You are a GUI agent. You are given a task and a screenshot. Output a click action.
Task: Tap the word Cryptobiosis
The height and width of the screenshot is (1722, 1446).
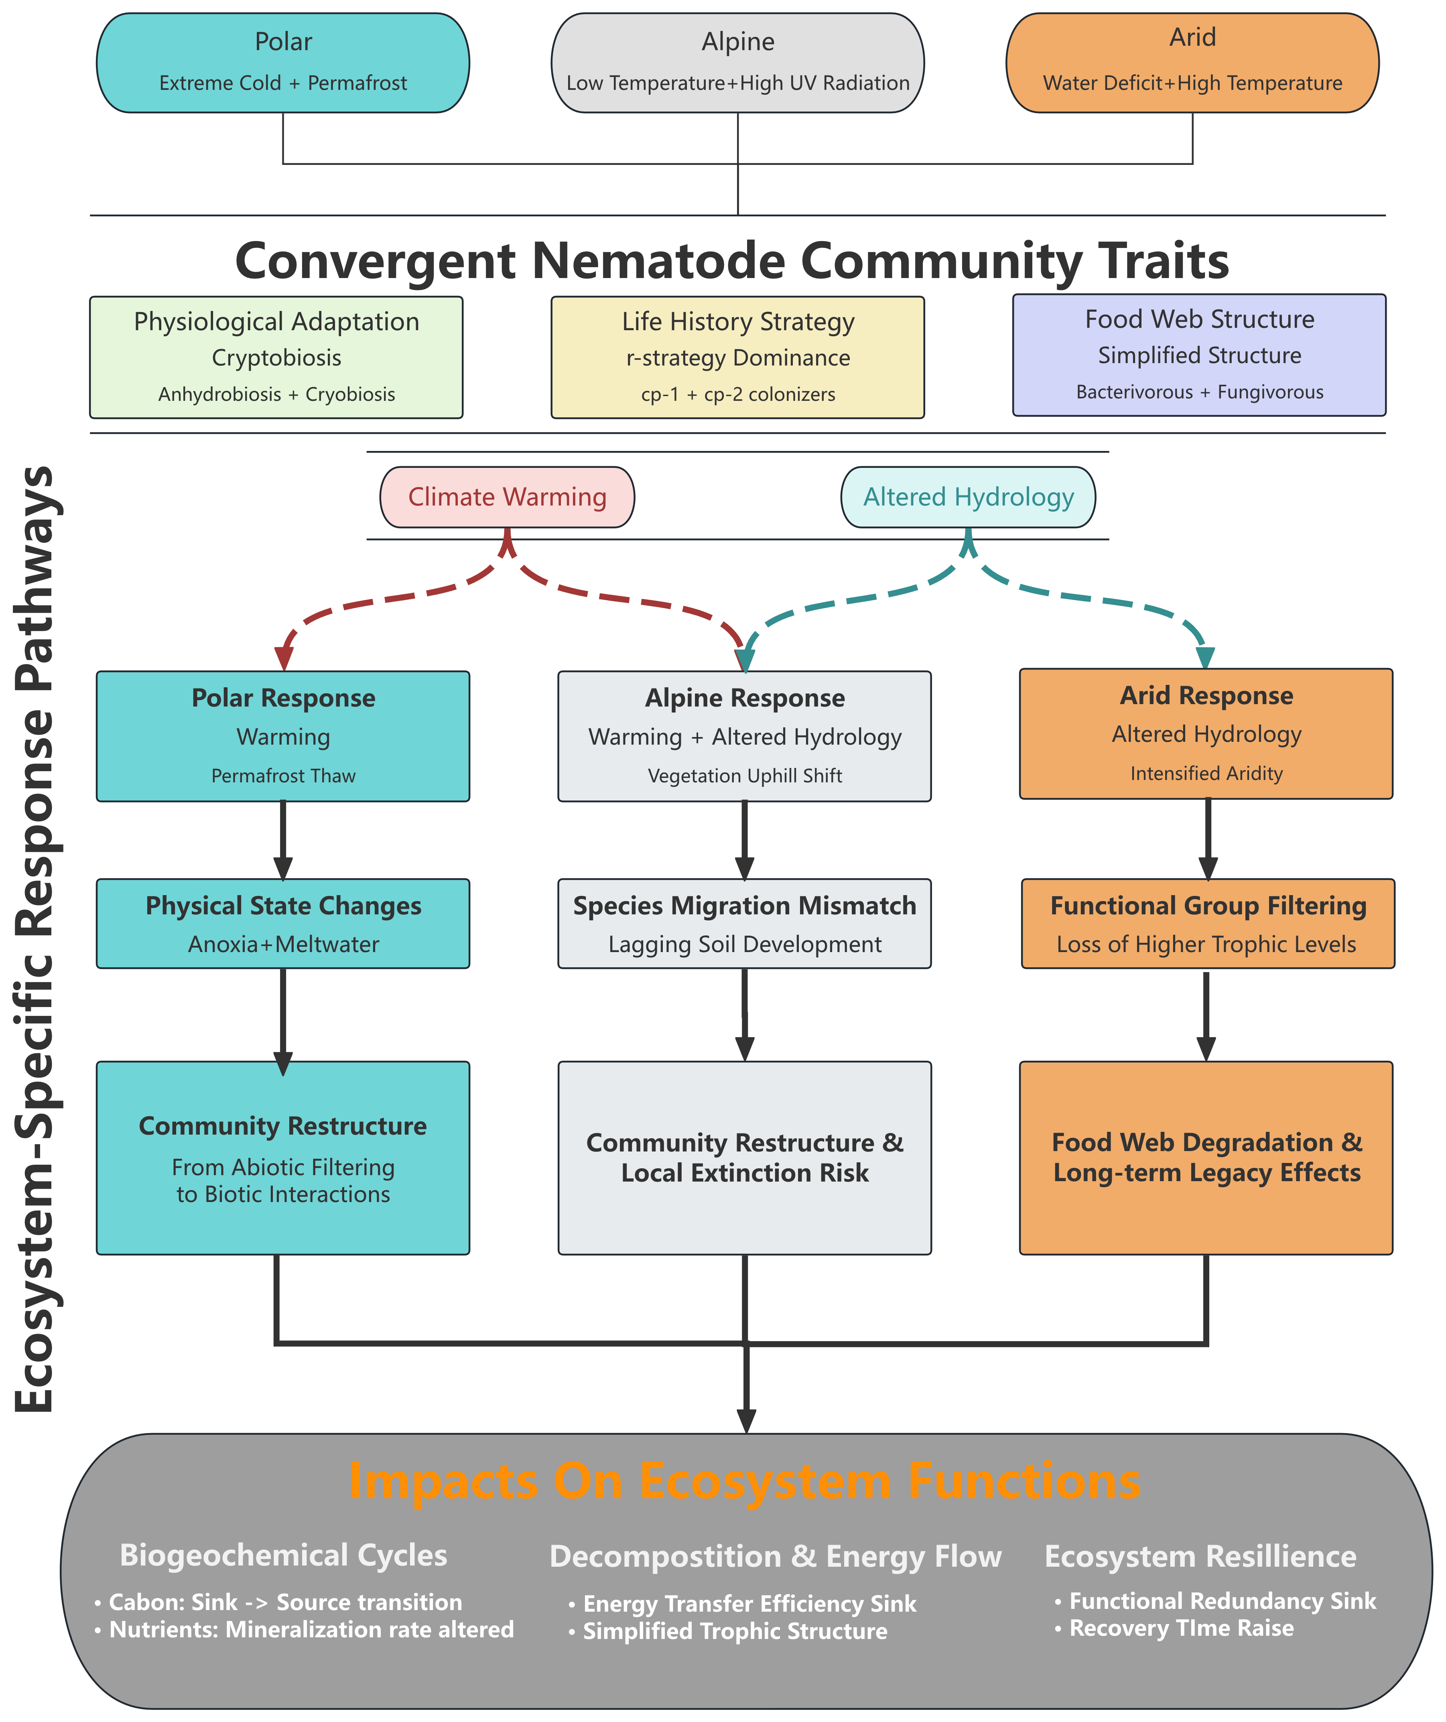click(x=276, y=358)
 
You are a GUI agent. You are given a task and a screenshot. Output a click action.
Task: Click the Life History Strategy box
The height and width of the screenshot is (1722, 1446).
click(x=737, y=357)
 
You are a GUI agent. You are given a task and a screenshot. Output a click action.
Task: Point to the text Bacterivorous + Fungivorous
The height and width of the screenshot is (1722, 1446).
click(x=1199, y=392)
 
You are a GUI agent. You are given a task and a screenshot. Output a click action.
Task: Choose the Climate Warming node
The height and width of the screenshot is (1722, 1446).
click(x=507, y=497)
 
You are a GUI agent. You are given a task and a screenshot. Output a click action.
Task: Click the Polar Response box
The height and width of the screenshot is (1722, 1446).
click(x=283, y=735)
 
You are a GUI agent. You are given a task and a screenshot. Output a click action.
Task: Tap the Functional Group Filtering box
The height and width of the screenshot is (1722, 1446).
click(x=1207, y=923)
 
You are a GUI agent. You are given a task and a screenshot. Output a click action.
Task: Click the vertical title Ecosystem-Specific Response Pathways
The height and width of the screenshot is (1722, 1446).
click(x=35, y=939)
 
